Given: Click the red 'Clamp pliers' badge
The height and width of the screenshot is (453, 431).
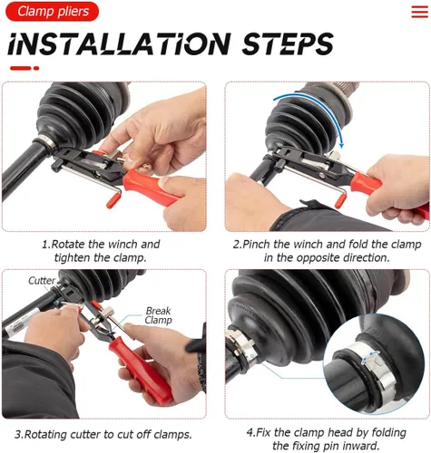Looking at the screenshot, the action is pyautogui.click(x=52, y=12).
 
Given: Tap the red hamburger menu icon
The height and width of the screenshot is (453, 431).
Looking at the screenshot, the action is pyautogui.click(x=419, y=12).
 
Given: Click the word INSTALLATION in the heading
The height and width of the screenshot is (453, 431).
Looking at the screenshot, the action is pyautogui.click(x=119, y=44).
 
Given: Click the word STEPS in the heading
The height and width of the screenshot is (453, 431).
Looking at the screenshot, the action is pyautogui.click(x=288, y=44).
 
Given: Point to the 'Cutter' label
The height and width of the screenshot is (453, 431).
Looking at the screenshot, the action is pyautogui.click(x=42, y=281).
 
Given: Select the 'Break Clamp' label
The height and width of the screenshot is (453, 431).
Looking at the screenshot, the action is pyautogui.click(x=158, y=315).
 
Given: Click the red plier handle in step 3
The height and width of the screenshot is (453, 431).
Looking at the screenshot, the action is pyautogui.click(x=141, y=370).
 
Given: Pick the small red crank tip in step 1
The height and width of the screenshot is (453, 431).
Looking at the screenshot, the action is pyautogui.click(x=112, y=201).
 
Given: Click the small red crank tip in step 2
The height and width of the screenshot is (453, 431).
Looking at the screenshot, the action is pyautogui.click(x=340, y=200).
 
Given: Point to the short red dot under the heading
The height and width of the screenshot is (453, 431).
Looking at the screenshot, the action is pyautogui.click(x=36, y=68).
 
